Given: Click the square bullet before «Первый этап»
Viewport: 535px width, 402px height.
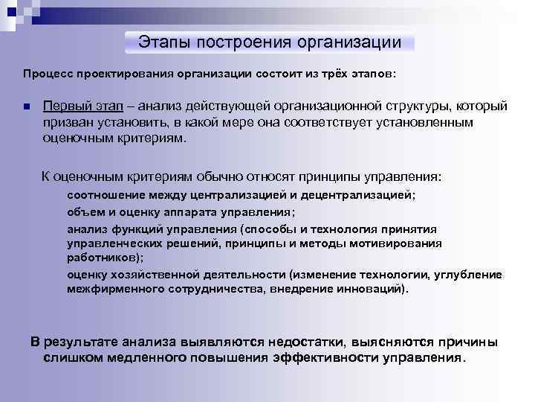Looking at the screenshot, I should coord(25,108).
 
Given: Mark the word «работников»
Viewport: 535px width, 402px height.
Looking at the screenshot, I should coord(100,257).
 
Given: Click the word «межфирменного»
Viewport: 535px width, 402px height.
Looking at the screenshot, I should coord(114,289).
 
